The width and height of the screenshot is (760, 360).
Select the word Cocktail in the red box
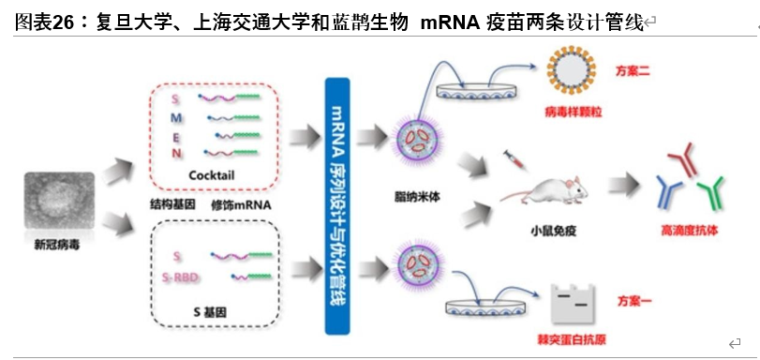pyautogui.click(x=211, y=175)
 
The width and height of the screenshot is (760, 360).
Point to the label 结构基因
pyautogui.click(x=172, y=202)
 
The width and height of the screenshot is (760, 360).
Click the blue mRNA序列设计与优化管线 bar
pyautogui.click(x=338, y=206)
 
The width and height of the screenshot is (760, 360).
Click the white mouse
pyautogui.click(x=544, y=190)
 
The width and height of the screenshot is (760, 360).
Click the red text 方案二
pyautogui.click(x=633, y=71)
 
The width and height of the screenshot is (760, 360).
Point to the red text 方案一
pyautogui.click(x=633, y=299)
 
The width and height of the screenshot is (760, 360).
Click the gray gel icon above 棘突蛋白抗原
pyautogui.click(x=574, y=301)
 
